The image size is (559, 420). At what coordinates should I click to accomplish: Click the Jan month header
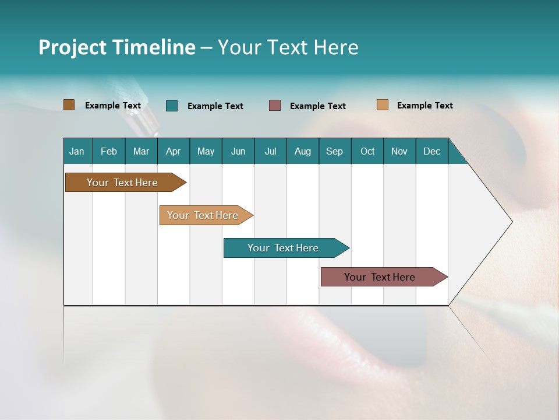tap(77, 151)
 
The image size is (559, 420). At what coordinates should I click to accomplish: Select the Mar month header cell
tap(141, 151)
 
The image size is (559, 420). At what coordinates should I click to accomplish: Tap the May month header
tap(206, 151)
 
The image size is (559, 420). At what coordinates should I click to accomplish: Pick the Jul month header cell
tap(270, 151)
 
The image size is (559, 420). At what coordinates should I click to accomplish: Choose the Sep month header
tap(334, 151)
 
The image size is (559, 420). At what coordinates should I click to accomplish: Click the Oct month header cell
tap(367, 151)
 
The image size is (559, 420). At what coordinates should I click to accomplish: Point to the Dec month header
tap(431, 151)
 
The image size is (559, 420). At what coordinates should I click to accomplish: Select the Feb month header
tap(109, 151)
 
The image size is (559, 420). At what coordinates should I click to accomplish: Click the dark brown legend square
tap(69, 105)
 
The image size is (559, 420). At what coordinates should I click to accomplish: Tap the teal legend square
tap(172, 106)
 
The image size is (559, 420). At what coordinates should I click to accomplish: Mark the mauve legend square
tap(275, 106)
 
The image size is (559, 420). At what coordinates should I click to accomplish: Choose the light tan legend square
tap(382, 105)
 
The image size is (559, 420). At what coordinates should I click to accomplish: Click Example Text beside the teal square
tap(215, 106)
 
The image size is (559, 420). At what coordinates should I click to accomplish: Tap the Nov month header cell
tap(399, 151)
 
